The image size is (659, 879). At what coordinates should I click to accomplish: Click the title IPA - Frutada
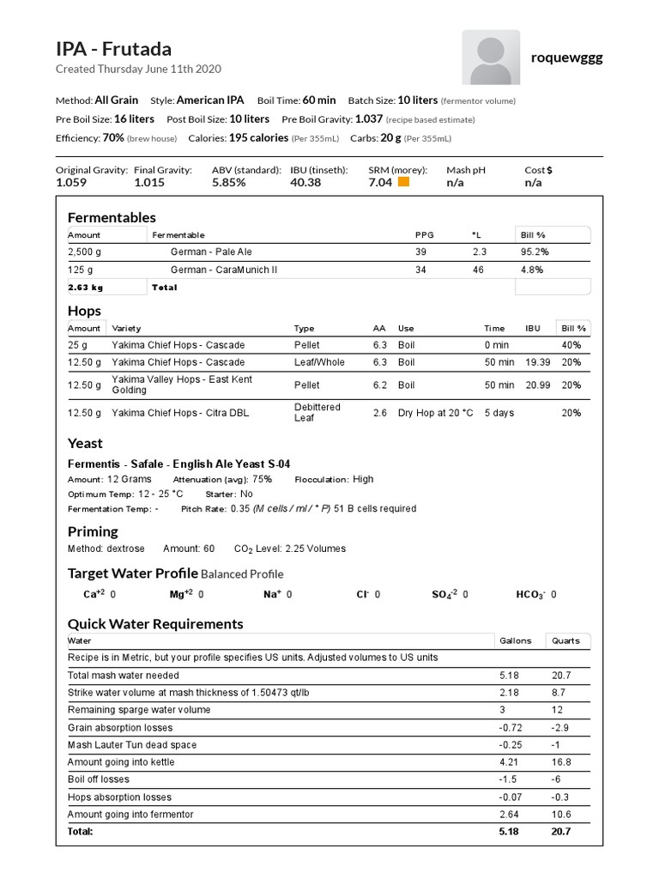click(113, 49)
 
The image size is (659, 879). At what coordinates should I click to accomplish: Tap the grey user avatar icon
click(491, 58)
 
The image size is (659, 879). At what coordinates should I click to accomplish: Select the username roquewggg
click(567, 58)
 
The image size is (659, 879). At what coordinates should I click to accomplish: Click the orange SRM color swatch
click(403, 182)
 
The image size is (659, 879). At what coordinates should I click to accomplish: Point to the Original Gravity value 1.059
click(71, 182)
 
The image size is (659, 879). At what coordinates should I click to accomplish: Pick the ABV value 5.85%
click(229, 182)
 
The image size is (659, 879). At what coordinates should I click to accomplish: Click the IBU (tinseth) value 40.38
click(306, 182)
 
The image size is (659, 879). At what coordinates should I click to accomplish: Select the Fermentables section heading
click(112, 217)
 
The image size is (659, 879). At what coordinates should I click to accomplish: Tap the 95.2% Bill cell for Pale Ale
click(535, 252)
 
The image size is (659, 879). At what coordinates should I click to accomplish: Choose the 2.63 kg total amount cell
click(86, 288)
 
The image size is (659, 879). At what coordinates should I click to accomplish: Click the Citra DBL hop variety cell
click(180, 413)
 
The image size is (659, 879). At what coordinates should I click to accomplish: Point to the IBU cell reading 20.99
click(537, 385)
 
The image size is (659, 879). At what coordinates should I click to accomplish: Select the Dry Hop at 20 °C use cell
click(435, 413)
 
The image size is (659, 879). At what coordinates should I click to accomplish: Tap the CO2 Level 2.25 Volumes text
click(290, 549)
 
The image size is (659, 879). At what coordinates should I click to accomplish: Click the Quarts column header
click(565, 640)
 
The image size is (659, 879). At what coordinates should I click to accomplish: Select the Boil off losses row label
click(99, 779)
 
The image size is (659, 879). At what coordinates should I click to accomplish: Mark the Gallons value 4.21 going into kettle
click(510, 762)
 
